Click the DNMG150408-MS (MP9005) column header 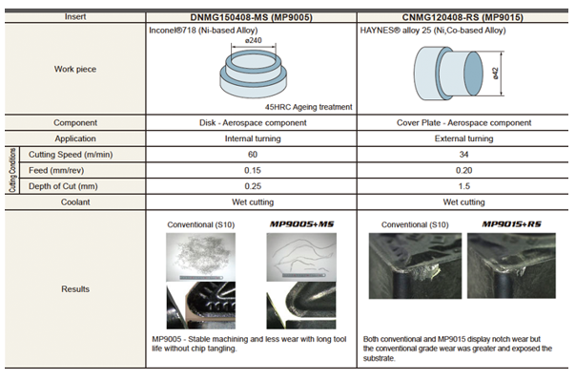[251, 17]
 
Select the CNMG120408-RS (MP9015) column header [463, 17]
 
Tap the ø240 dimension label [253, 40]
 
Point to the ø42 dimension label [495, 74]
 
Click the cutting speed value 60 [253, 155]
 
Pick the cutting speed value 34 [463, 155]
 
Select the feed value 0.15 [253, 170]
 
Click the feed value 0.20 [463, 170]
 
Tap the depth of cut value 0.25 [253, 186]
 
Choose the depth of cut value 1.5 [464, 186]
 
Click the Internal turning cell [253, 138]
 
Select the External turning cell [463, 138]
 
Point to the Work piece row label [75, 69]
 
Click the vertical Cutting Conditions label [12, 170]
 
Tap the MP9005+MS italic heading [301, 224]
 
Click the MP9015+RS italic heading [511, 224]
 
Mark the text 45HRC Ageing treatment [309, 107]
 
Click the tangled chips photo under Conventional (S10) [201, 257]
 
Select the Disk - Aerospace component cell [253, 123]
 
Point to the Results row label [75, 289]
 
